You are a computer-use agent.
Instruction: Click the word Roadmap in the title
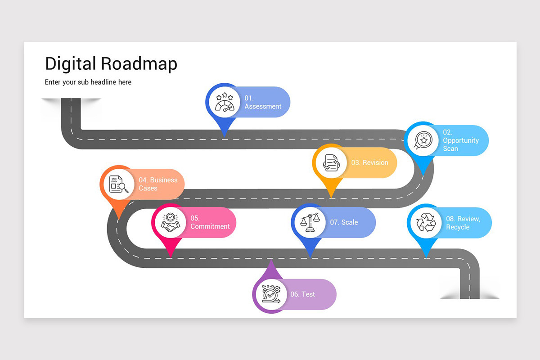pyautogui.click(x=139, y=63)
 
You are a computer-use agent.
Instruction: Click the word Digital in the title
pyautogui.click(x=70, y=63)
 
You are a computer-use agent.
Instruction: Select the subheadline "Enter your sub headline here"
pyautogui.click(x=88, y=82)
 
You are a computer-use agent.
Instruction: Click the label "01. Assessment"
pyautogui.click(x=263, y=102)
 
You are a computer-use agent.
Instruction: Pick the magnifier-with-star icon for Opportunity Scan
pyautogui.click(x=423, y=140)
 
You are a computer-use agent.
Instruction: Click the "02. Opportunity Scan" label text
pyautogui.click(x=460, y=140)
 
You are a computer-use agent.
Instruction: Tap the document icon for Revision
pyautogui.click(x=331, y=162)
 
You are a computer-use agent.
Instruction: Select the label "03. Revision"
pyautogui.click(x=369, y=162)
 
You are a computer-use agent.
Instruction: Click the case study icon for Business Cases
pyautogui.click(x=118, y=184)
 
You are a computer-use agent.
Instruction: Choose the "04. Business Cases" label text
pyautogui.click(x=157, y=184)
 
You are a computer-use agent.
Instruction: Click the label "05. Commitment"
pyautogui.click(x=210, y=222)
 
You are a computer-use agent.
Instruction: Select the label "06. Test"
pyautogui.click(x=302, y=294)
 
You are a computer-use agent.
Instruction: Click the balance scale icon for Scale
pyautogui.click(x=310, y=222)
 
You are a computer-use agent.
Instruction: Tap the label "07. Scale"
pyautogui.click(x=344, y=222)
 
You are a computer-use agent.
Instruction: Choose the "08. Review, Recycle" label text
pyautogui.click(x=463, y=223)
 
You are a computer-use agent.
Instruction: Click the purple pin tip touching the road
pyautogui.click(x=271, y=262)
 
